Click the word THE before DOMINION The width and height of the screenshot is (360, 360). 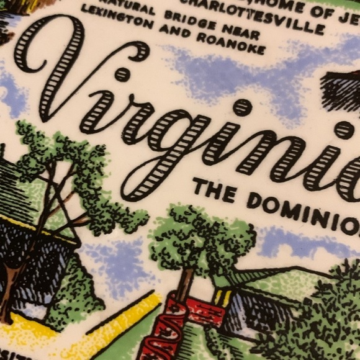pos(214,190)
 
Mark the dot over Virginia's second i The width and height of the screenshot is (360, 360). pos(242,107)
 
